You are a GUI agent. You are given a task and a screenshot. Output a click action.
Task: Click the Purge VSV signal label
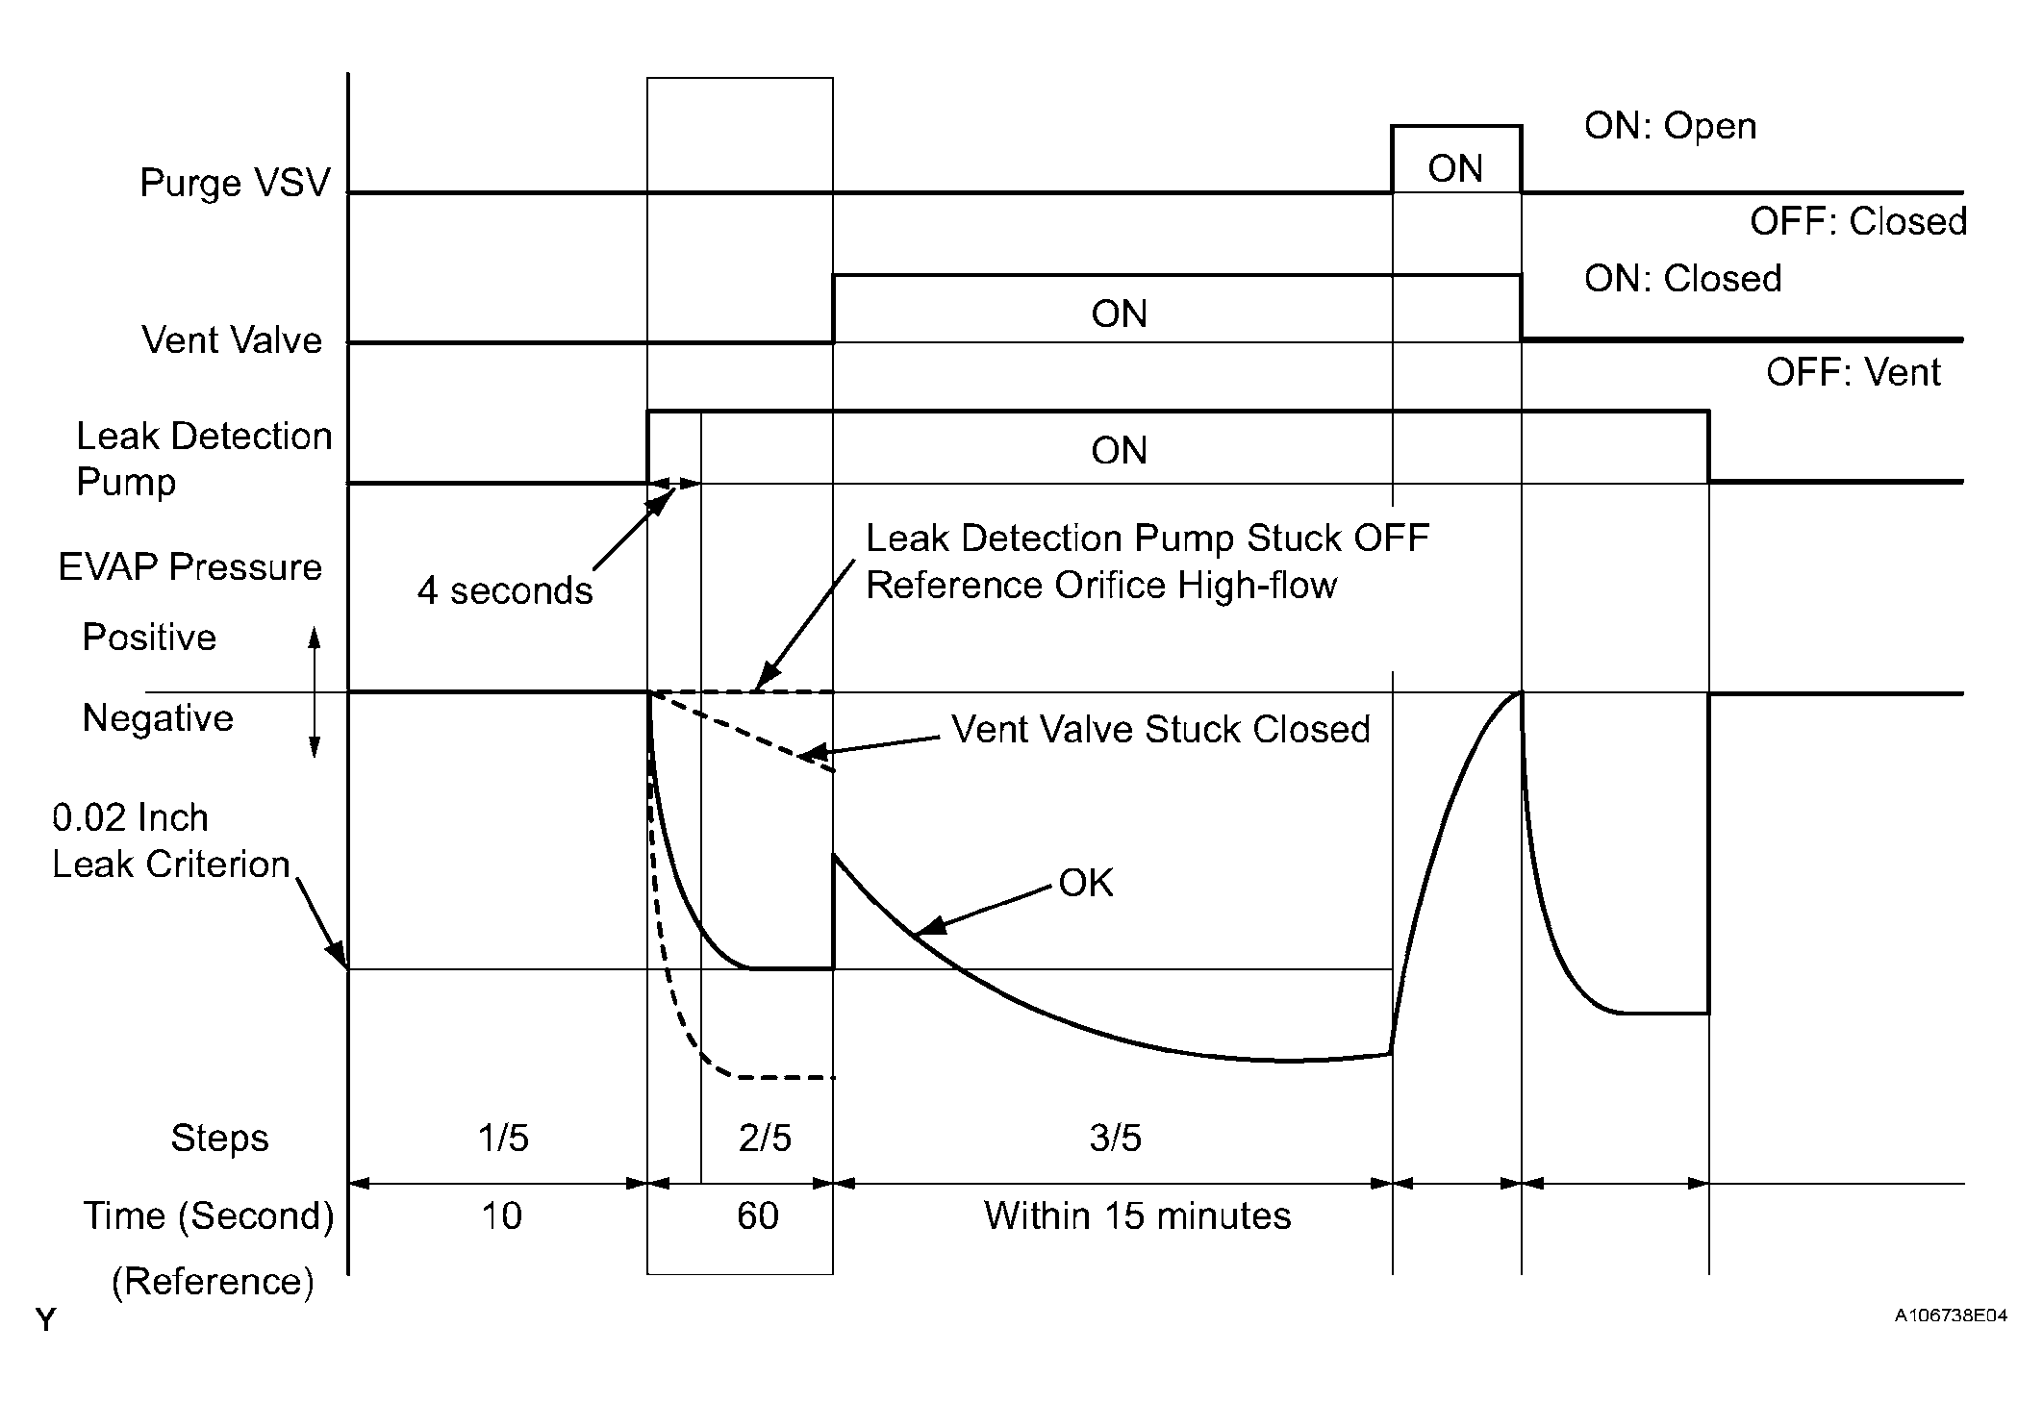click(x=235, y=183)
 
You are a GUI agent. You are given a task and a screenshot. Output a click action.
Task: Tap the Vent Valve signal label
click(x=232, y=340)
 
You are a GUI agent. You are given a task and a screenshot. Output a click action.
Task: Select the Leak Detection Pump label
click(x=204, y=459)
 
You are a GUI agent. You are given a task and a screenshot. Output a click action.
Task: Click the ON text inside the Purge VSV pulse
click(x=1455, y=169)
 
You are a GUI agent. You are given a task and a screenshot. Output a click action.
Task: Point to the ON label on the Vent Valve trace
click(x=1119, y=314)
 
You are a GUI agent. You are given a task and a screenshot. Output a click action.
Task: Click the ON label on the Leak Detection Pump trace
click(x=1119, y=451)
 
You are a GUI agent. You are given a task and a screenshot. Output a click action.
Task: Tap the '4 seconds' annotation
click(x=505, y=590)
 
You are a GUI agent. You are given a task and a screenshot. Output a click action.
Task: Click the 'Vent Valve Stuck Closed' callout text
click(x=1161, y=730)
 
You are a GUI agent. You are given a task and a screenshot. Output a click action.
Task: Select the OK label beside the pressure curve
click(x=1086, y=884)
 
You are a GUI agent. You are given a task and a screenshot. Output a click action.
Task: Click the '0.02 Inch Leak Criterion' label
click(x=171, y=840)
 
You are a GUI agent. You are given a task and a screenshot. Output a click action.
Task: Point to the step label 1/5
click(x=503, y=1139)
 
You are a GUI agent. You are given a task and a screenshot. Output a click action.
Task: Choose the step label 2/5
click(x=765, y=1139)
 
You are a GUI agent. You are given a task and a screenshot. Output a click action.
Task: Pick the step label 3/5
click(x=1115, y=1139)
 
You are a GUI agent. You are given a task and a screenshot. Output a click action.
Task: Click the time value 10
click(x=501, y=1216)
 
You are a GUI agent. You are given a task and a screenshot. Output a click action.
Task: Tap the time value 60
click(x=758, y=1216)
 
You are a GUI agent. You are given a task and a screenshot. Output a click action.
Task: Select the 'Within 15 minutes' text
click(x=1137, y=1216)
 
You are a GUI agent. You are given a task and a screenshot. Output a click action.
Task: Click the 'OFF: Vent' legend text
click(x=1853, y=372)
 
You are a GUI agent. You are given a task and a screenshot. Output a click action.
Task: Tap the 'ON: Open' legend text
click(x=1670, y=126)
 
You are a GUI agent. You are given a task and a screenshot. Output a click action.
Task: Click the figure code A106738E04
click(x=1951, y=1315)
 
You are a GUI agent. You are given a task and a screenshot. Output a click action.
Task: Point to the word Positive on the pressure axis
click(x=149, y=638)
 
